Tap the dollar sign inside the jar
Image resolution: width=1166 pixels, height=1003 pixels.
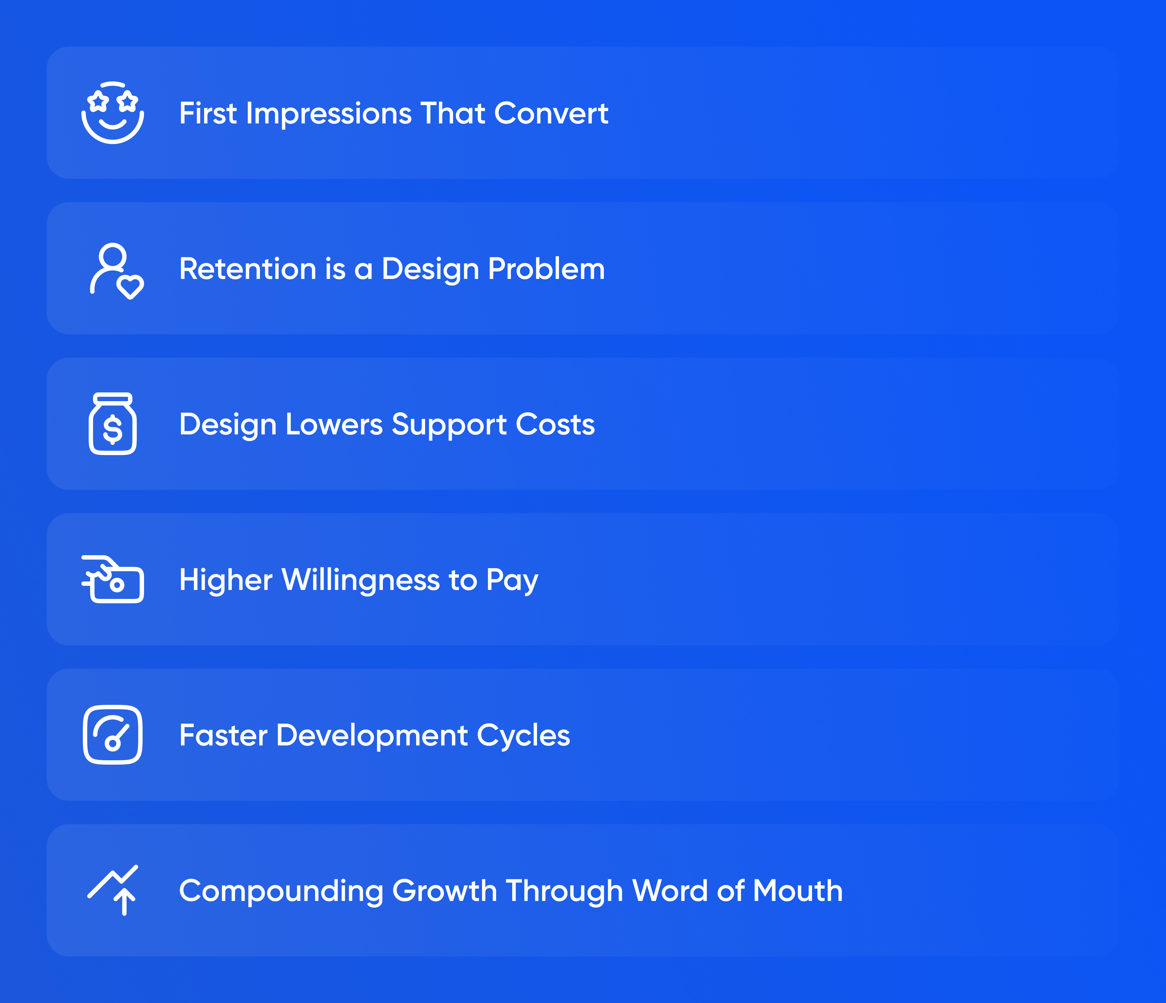(112, 429)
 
